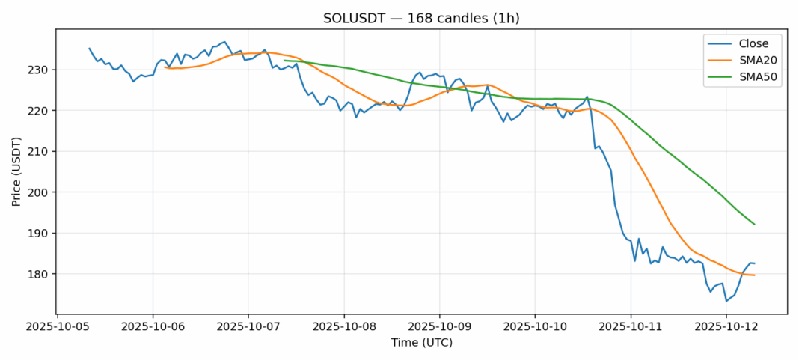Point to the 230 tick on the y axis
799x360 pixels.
39,70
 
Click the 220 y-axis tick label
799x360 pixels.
39,111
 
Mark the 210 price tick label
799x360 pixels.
39,152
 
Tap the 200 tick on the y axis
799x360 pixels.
39,192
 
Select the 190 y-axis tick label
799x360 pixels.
39,234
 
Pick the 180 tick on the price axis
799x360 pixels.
39,275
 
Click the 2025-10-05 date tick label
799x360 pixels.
58,327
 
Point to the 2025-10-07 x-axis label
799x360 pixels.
248,327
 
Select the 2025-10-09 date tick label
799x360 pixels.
439,327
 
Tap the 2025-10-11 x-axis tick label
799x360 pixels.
631,327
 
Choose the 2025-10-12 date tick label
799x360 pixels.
726,327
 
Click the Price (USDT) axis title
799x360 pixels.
16,171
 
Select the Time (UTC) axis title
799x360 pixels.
421,343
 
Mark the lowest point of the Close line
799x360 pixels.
726,301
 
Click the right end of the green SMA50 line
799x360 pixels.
754,224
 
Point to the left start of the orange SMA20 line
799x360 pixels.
165,67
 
